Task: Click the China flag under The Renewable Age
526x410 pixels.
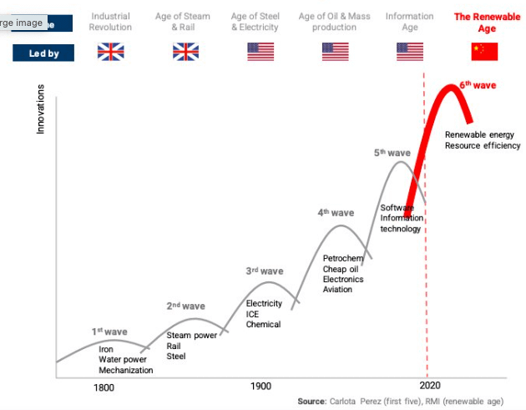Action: (x=484, y=52)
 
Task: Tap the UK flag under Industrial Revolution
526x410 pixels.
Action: (x=110, y=52)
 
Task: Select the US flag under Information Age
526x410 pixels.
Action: (x=409, y=52)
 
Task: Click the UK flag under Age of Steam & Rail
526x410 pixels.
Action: (x=185, y=52)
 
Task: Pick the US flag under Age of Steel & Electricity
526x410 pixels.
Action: (x=260, y=52)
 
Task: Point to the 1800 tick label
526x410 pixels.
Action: (x=104, y=387)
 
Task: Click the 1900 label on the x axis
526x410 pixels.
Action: (x=260, y=387)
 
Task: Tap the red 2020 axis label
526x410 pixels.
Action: (x=430, y=387)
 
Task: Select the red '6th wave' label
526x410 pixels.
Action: (x=478, y=85)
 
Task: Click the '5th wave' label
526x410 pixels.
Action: (x=392, y=153)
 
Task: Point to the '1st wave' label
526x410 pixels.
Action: (x=109, y=332)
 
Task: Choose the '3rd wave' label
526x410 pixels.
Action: (x=265, y=271)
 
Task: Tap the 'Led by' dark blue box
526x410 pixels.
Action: (x=43, y=53)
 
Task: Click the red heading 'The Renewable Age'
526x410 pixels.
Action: (x=487, y=23)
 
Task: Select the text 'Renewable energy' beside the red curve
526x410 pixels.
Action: (x=479, y=134)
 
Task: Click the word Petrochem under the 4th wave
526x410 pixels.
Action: (x=343, y=259)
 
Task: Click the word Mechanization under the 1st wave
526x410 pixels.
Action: (x=126, y=370)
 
